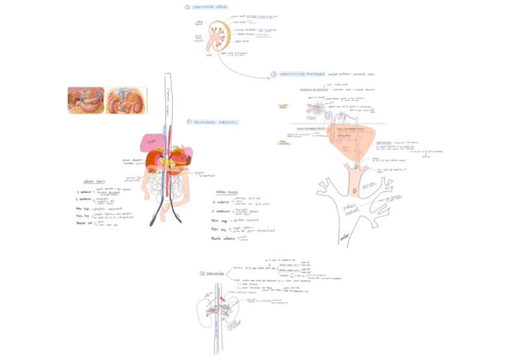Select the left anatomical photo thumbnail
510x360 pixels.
pyautogui.click(x=86, y=100)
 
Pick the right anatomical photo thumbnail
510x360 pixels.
pyautogui.click(x=126, y=100)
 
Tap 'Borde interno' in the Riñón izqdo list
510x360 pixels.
pyautogui.click(x=224, y=239)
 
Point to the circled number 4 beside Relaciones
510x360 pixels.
pyautogui.click(x=189, y=122)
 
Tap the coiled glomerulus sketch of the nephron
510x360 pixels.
pyautogui.click(x=315, y=108)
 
